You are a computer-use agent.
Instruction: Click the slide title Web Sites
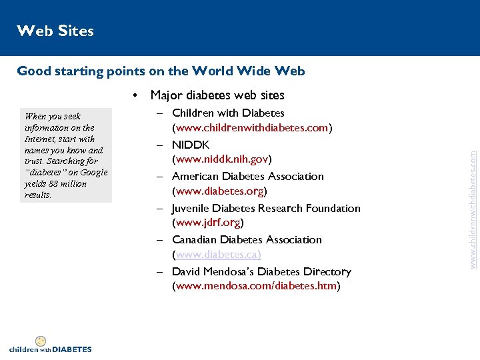55,31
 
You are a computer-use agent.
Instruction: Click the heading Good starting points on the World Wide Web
161,71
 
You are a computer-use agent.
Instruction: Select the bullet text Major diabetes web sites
217,95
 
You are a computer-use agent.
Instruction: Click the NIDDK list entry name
191,145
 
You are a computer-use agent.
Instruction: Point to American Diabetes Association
247,177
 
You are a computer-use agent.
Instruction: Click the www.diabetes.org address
219,191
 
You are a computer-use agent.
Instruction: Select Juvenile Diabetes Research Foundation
266,208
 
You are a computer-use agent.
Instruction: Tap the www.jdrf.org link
207,223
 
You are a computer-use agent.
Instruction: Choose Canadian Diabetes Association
247,239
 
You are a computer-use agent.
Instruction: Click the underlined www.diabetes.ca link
217,255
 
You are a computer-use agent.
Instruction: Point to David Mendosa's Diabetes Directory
261,271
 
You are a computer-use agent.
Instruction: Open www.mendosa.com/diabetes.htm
256,286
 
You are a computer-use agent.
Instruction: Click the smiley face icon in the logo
40,341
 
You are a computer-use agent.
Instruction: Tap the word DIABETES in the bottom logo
71,349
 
